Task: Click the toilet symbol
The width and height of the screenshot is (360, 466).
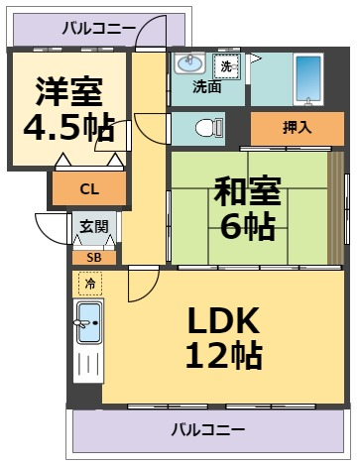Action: pos(206,127)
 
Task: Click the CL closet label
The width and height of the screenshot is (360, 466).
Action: pos(89,188)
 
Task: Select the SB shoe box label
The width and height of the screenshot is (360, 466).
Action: pos(93,257)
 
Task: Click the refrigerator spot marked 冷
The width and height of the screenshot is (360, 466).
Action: pos(89,285)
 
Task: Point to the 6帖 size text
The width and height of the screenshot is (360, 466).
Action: pos(246,227)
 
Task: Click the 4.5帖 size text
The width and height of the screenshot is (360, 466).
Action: pos(68,129)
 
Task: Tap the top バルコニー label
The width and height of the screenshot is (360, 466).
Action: pos(98,28)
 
